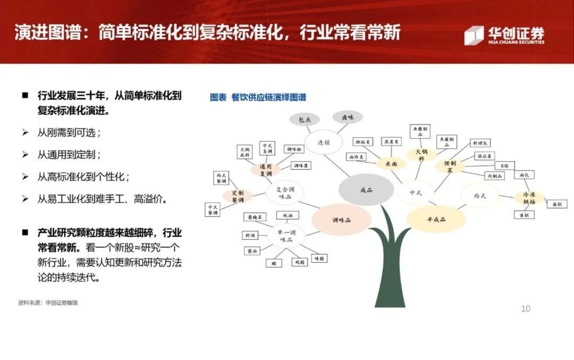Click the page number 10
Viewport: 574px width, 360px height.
[x=525, y=308]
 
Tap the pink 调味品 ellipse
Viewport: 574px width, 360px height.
[x=341, y=220]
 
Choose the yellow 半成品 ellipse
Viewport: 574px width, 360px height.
[x=436, y=219]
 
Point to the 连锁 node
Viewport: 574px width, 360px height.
[x=324, y=142]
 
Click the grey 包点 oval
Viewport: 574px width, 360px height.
[x=305, y=120]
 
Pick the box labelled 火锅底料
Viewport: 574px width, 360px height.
[x=245, y=153]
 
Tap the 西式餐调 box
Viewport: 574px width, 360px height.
[x=221, y=178]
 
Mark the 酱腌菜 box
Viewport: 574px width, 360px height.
[x=254, y=217]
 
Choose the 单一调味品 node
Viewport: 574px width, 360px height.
[x=286, y=236]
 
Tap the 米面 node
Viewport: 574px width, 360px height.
[x=391, y=164]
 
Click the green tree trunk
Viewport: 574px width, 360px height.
[x=390, y=266]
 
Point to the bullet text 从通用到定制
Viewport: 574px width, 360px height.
[x=69, y=155]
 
